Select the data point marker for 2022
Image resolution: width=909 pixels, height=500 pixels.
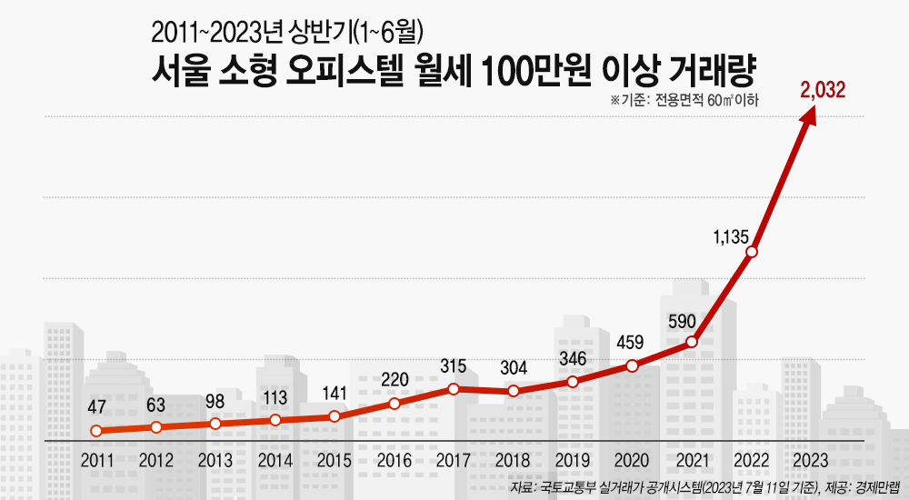pos(751,252)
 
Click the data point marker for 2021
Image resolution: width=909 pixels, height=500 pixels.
pos(692,342)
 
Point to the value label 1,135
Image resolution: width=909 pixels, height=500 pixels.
pos(731,237)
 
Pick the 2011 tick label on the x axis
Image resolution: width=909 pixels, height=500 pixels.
pos(97,460)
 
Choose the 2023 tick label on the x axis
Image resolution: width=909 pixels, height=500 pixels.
pos(810,460)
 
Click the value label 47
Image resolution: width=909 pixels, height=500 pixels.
pos(97,405)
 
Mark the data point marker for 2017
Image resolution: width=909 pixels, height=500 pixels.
pos(454,388)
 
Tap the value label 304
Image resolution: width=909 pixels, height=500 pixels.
pos(514,368)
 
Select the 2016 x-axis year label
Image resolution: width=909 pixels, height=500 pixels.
pos(395,460)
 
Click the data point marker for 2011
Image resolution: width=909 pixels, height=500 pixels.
pos(96,431)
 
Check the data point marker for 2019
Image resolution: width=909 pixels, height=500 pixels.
pos(573,382)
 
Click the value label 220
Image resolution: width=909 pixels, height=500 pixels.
pos(395,380)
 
